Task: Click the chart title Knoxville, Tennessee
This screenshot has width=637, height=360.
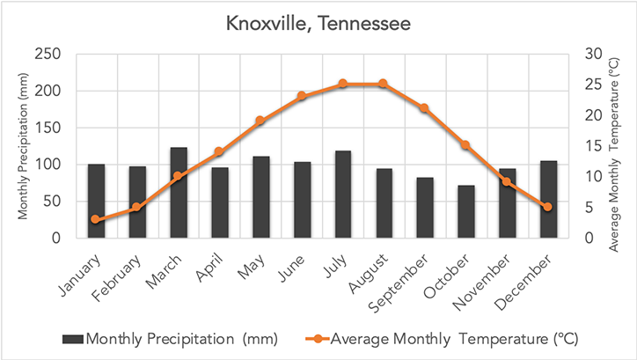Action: (318, 23)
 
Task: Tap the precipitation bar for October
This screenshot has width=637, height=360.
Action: (466, 211)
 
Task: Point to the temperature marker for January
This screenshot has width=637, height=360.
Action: (96, 219)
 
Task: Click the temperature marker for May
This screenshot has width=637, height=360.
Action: (260, 121)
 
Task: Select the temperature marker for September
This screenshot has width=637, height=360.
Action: (425, 108)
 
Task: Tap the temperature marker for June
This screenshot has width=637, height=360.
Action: (302, 96)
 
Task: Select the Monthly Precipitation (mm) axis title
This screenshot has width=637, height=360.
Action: (21, 146)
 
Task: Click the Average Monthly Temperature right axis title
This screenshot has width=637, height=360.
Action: (617, 146)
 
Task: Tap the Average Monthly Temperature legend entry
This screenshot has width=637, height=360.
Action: (440, 338)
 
